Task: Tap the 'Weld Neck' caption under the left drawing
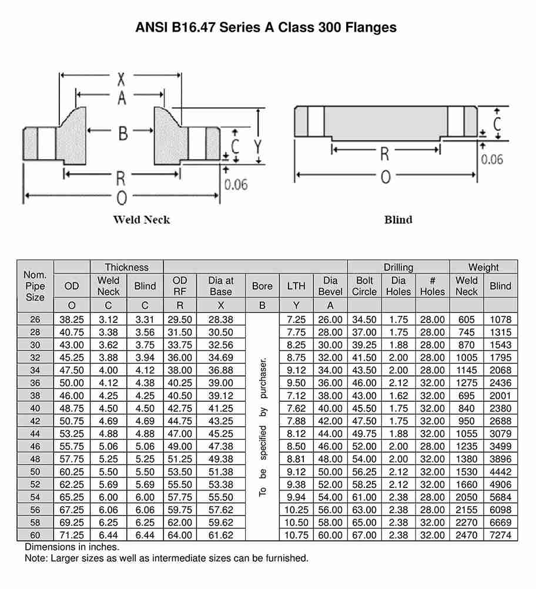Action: tap(141, 220)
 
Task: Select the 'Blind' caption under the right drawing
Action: tap(398, 220)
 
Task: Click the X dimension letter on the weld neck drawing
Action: tap(121, 79)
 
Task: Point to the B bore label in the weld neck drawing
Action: tap(123, 133)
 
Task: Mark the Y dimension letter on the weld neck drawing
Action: tap(257, 146)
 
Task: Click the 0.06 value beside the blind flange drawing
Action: tap(492, 159)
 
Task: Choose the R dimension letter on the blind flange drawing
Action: tap(384, 154)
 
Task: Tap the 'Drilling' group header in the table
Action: tap(398, 267)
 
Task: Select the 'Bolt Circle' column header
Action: tap(364, 286)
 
